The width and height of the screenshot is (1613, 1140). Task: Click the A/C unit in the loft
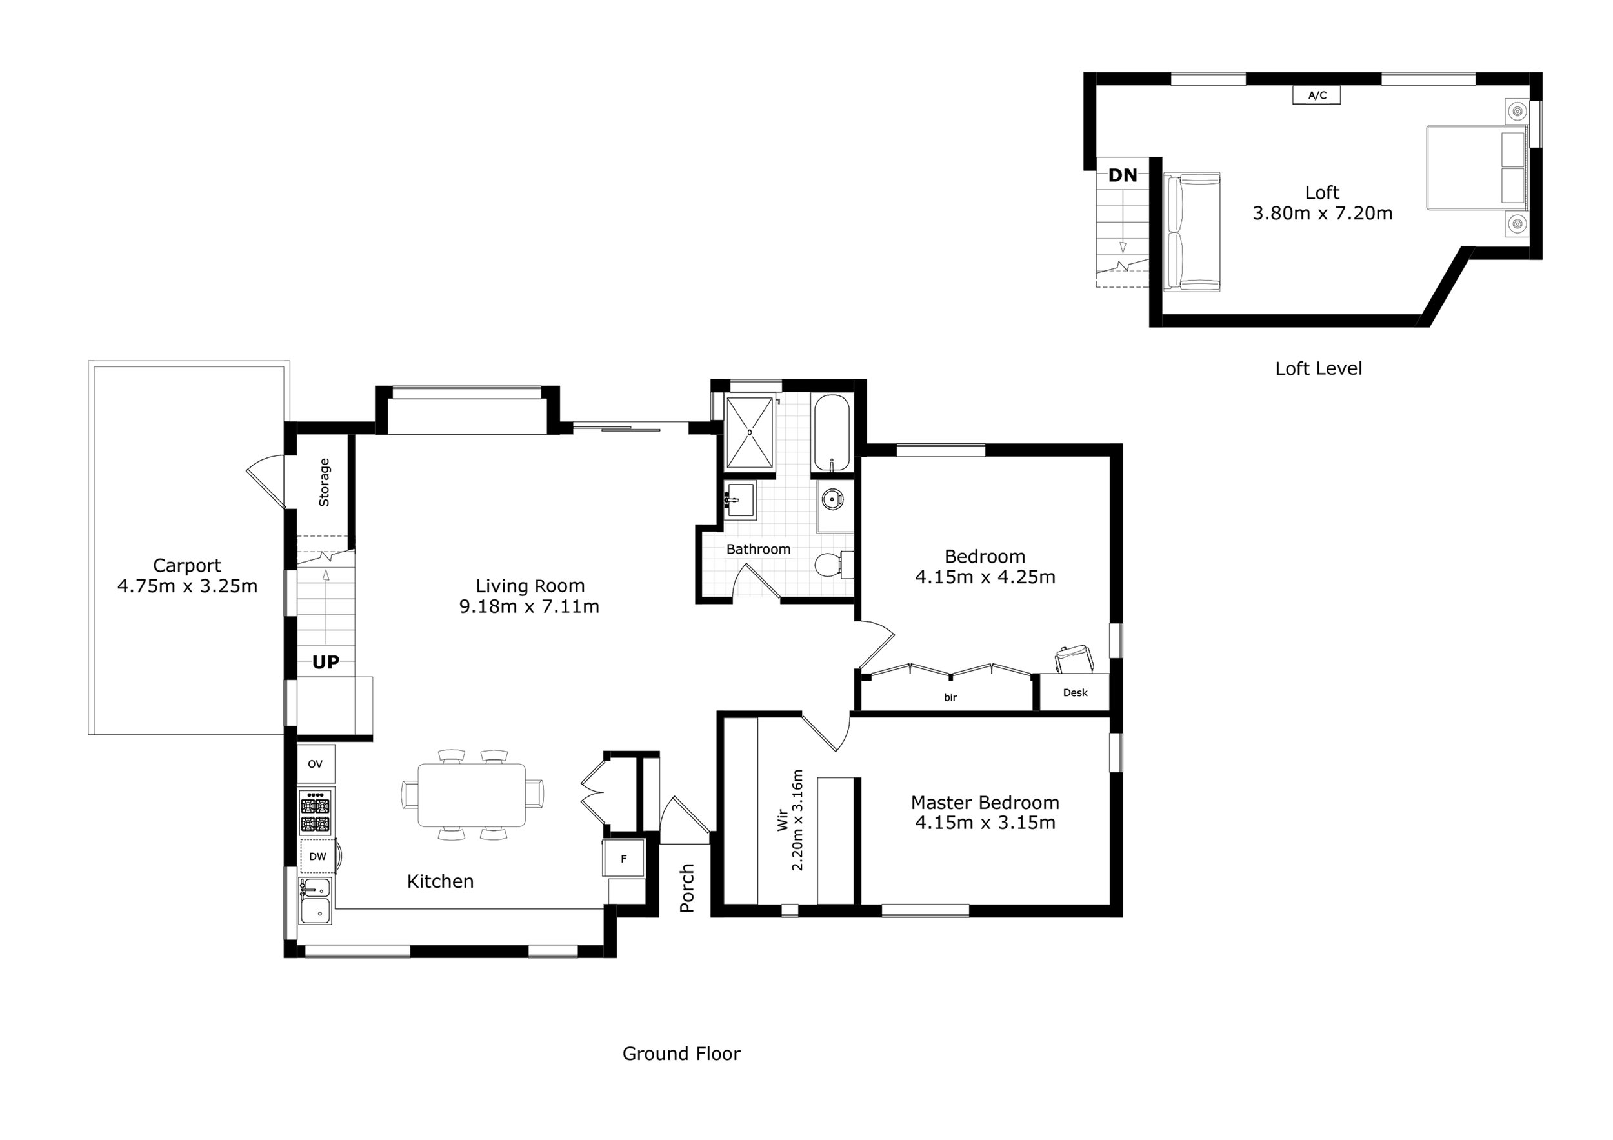pos(1317,95)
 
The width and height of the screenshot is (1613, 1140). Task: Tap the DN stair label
pos(1123,175)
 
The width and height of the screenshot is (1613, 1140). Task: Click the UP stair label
pos(325,662)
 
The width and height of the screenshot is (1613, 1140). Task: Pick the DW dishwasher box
pos(317,856)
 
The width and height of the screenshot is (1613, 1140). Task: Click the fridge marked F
pos(624,858)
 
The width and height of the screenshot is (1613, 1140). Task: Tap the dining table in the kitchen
pos(472,795)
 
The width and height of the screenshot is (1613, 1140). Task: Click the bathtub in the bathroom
pos(832,433)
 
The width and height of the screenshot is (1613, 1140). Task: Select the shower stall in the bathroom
pos(750,433)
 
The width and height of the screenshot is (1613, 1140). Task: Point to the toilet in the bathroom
pos(834,565)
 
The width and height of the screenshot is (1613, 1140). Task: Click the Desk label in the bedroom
pos(1075,692)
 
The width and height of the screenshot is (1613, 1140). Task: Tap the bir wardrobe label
pos(950,697)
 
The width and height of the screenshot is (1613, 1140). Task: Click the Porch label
pos(687,888)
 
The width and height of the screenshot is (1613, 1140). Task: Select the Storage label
pos(324,483)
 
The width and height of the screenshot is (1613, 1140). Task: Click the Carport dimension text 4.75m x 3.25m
pos(188,586)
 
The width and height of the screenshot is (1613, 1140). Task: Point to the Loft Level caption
pos(1319,369)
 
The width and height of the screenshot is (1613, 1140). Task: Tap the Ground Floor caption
pos(681,1054)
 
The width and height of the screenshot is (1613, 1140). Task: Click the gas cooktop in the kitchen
pos(316,812)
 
